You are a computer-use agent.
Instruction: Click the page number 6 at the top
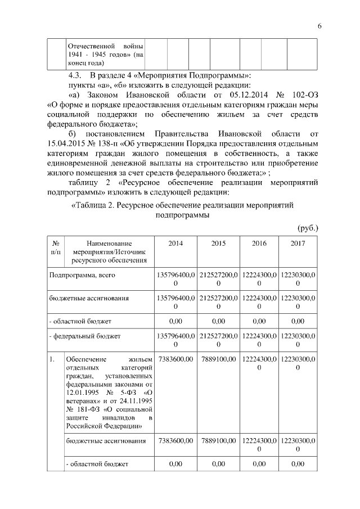319,26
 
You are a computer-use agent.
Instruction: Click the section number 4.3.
75,75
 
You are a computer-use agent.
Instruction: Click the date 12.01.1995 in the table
83,391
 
